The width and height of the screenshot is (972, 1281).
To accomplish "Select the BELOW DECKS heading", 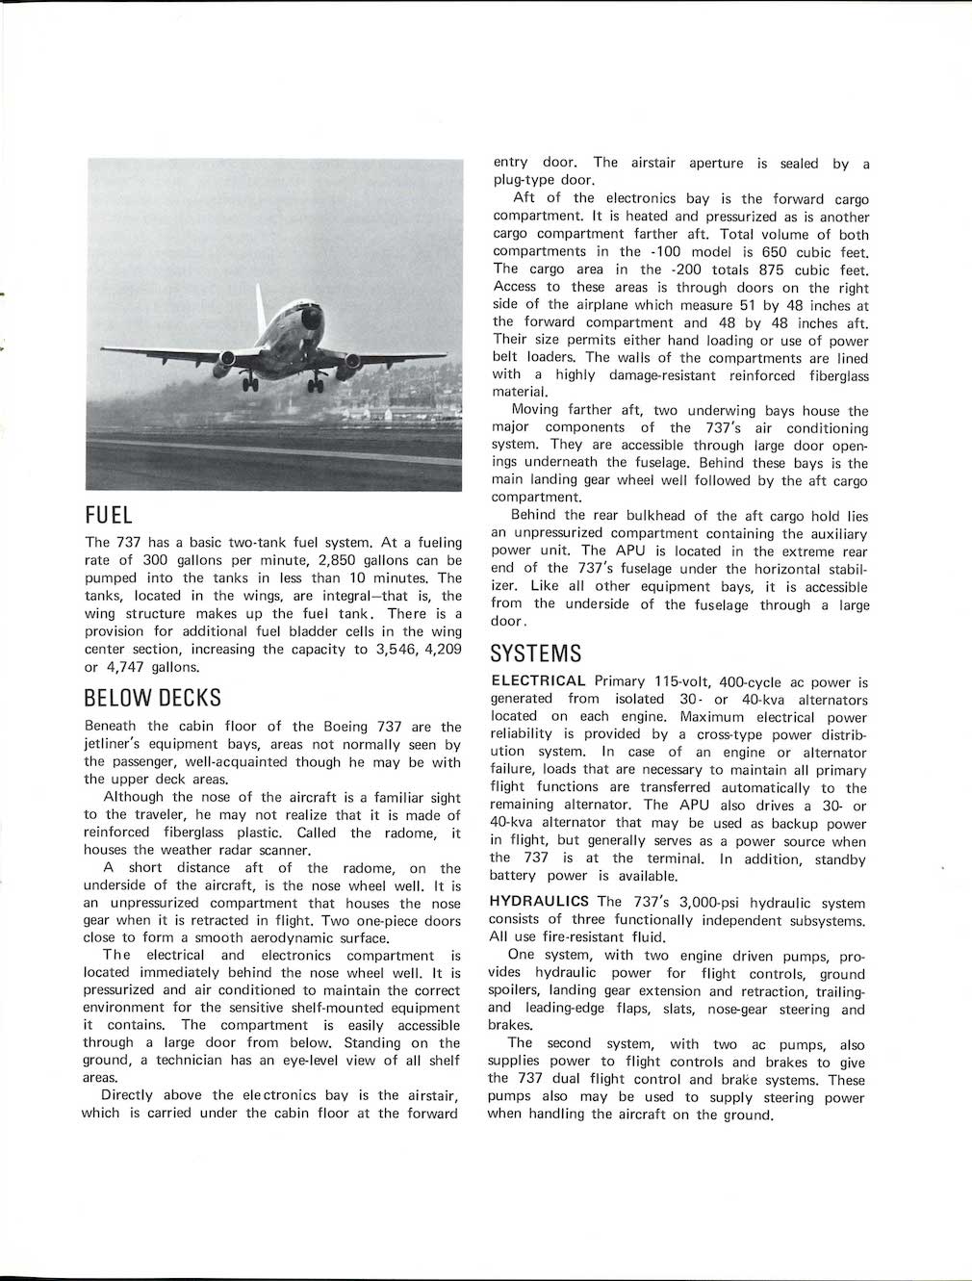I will click(152, 697).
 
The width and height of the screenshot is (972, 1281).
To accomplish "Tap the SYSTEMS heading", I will click(535, 653).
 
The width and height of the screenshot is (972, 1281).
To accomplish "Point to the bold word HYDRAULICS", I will click(539, 902).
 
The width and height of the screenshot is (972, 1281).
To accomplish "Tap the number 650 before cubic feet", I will click(755, 252).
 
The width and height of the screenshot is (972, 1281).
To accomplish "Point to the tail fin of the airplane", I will click(260, 300).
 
